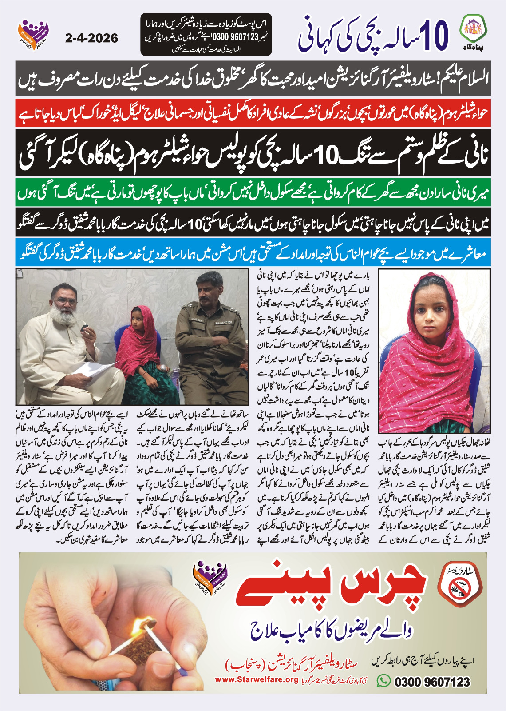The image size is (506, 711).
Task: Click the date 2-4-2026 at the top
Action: click(x=91, y=38)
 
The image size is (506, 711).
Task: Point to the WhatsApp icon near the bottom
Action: click(x=383, y=681)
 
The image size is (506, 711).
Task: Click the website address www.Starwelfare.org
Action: click(x=256, y=680)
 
